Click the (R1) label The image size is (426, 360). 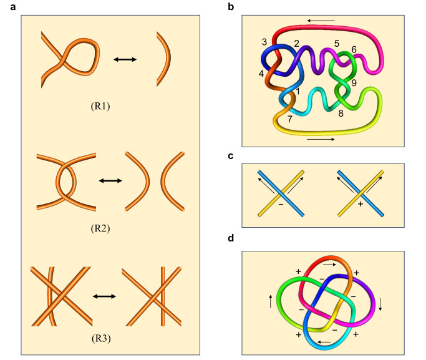tap(99, 106)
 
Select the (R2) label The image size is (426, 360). tap(99, 228)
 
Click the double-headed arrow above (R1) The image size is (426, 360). tap(125, 60)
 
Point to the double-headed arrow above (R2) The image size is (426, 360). tap(110, 180)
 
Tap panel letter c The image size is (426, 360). tap(231, 155)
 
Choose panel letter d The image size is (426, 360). tap(231, 239)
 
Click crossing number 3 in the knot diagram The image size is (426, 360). tap(264, 42)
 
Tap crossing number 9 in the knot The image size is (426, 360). tap(354, 82)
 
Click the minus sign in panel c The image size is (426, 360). tap(281, 204)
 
